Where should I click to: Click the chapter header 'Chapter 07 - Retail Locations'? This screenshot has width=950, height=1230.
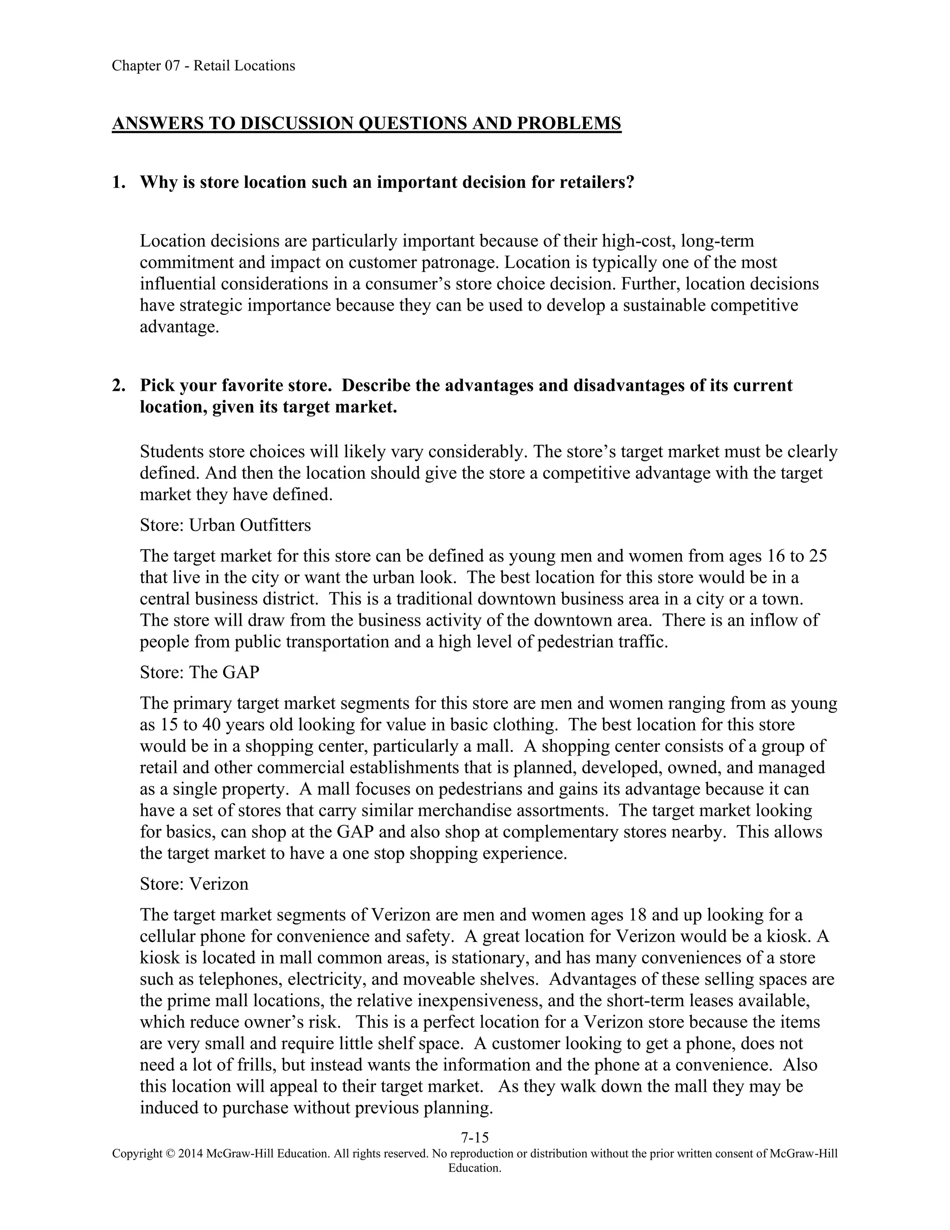(203, 66)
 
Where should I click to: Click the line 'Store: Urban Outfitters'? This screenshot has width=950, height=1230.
(225, 525)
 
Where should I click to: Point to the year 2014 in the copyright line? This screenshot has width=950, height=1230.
(191, 1153)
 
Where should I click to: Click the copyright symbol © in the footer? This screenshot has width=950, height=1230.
(171, 1153)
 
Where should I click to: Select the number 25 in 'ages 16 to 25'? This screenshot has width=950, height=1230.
(818, 556)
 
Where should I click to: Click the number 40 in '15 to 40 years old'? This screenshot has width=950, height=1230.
(209, 725)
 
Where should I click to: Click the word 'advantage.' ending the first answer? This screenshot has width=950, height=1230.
(179, 327)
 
